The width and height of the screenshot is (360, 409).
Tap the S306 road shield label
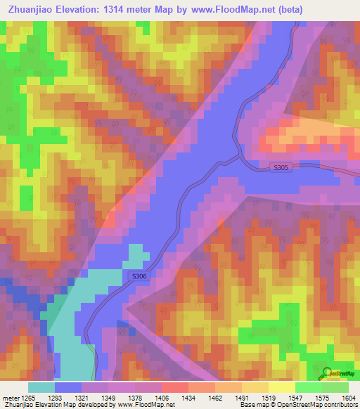140,277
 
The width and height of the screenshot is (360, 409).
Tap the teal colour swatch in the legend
41,387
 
